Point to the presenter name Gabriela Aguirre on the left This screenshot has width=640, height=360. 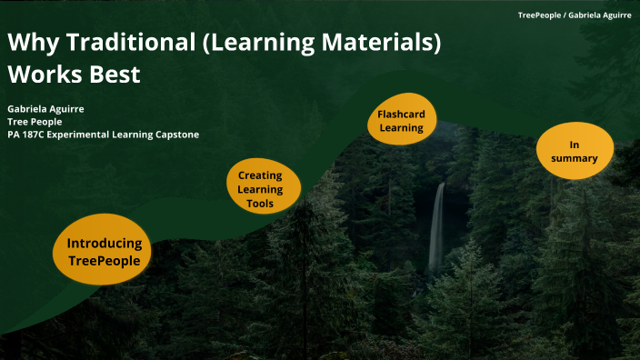click(45, 108)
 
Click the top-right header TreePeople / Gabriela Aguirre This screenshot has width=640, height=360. click(575, 15)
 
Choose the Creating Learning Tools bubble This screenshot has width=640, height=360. click(260, 189)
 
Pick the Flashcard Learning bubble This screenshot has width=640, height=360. click(402, 121)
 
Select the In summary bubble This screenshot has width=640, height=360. click(574, 151)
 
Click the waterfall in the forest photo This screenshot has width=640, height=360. click(437, 227)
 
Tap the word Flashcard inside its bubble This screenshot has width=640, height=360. click(402, 114)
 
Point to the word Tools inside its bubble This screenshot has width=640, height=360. click(260, 204)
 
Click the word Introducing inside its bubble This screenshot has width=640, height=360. click(104, 244)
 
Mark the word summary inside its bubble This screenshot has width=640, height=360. click(574, 158)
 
